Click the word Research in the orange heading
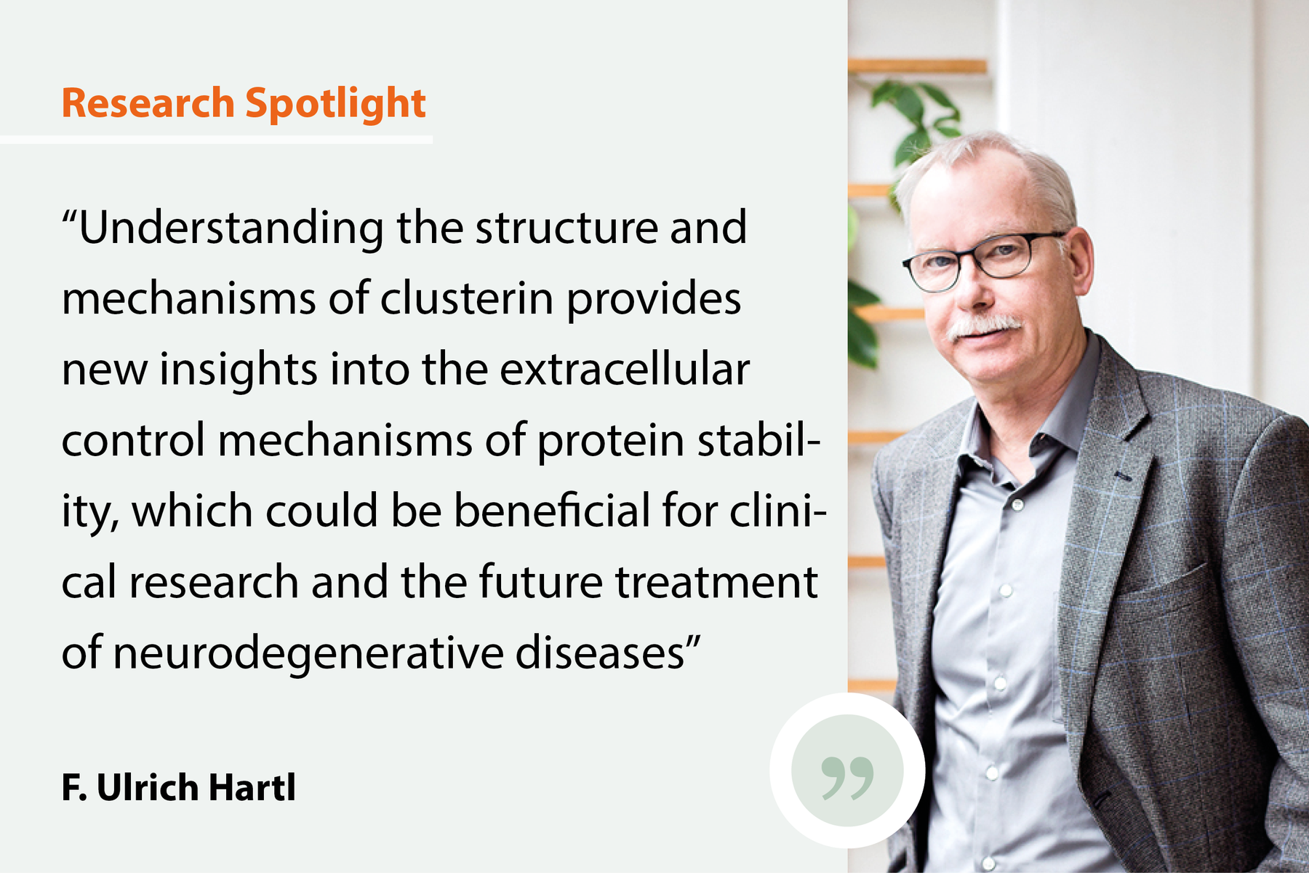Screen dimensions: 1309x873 point(148,103)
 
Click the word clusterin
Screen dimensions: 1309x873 point(466,298)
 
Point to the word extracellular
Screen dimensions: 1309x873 point(624,370)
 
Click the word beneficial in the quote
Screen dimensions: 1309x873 point(552,511)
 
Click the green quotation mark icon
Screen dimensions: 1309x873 point(847,777)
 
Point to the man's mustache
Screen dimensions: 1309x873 point(985,325)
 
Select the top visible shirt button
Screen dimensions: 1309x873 point(1018,503)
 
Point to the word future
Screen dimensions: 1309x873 point(540,582)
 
